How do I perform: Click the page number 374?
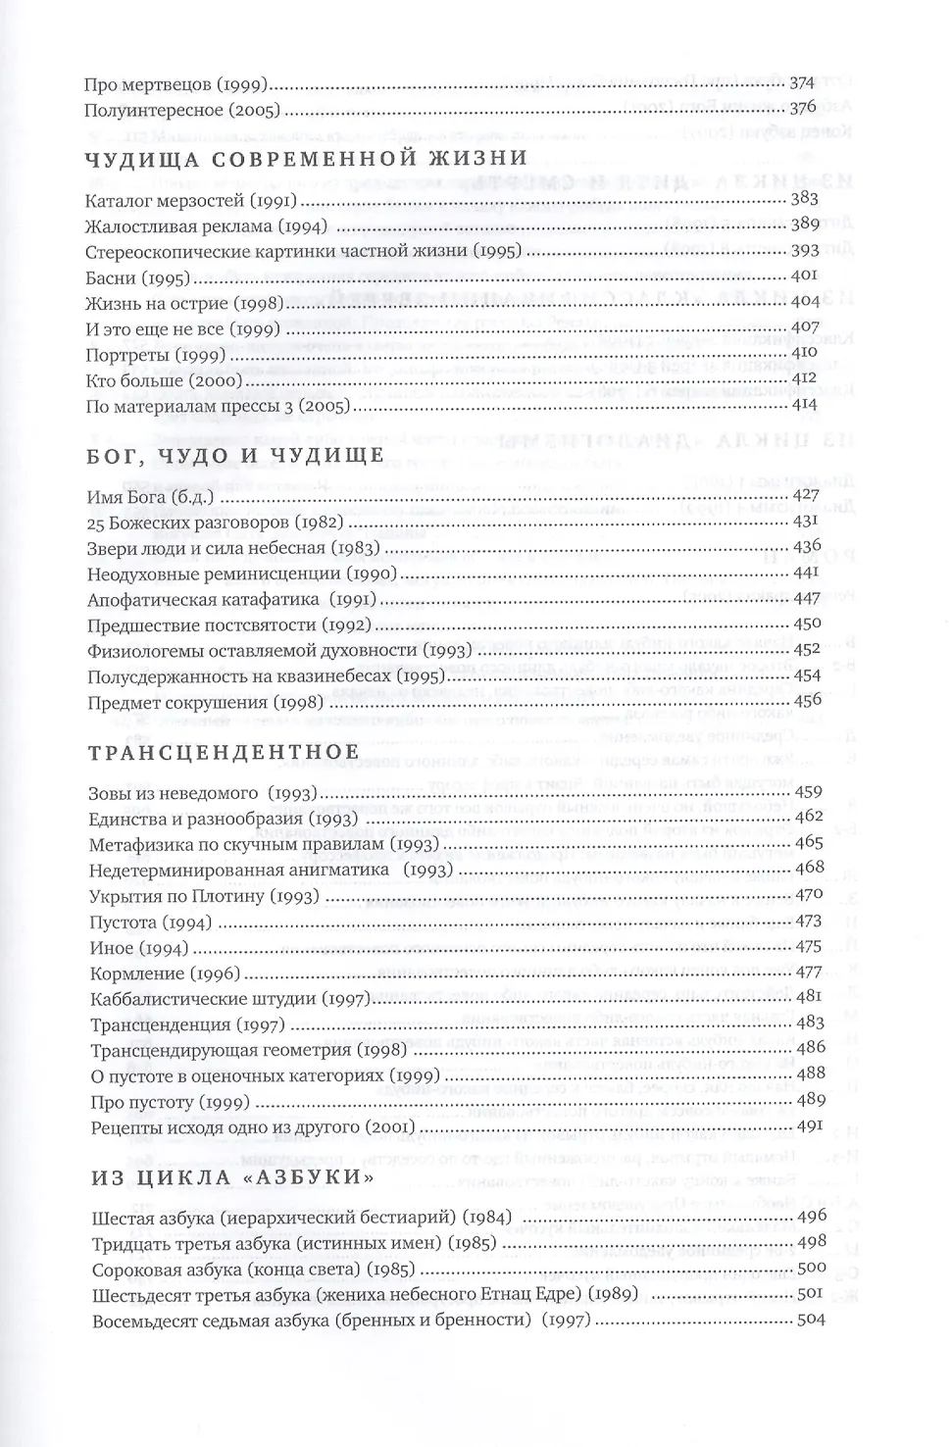(x=803, y=83)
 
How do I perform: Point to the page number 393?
(x=805, y=250)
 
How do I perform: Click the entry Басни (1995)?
(x=137, y=277)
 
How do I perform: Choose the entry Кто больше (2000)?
(x=156, y=379)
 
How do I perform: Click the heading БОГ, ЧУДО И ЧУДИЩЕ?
(x=234, y=456)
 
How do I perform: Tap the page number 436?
(x=807, y=547)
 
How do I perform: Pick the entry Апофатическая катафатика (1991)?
(x=232, y=599)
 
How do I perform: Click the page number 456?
(x=807, y=700)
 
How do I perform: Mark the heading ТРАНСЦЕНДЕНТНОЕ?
(x=224, y=752)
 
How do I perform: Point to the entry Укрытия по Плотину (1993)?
(x=205, y=896)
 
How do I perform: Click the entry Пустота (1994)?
(x=150, y=923)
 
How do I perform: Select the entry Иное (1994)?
(x=138, y=948)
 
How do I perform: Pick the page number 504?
(x=811, y=1320)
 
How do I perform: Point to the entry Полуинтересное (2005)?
(x=182, y=110)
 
